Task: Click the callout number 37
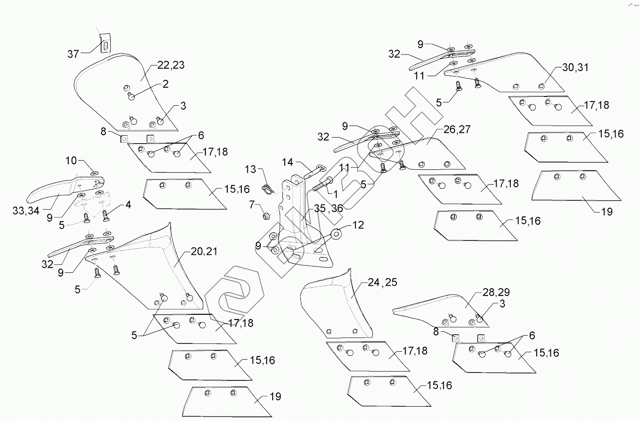tap(73, 54)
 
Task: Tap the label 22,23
tap(171, 65)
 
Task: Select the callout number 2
tap(165, 84)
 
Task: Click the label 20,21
tap(204, 252)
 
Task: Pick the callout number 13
tap(250, 169)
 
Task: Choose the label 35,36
tap(329, 208)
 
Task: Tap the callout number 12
tap(358, 225)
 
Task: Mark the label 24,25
tap(382, 282)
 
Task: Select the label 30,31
tap(575, 67)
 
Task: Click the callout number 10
tap(71, 161)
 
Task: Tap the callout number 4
tap(128, 204)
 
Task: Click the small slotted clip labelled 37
tap(106, 43)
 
